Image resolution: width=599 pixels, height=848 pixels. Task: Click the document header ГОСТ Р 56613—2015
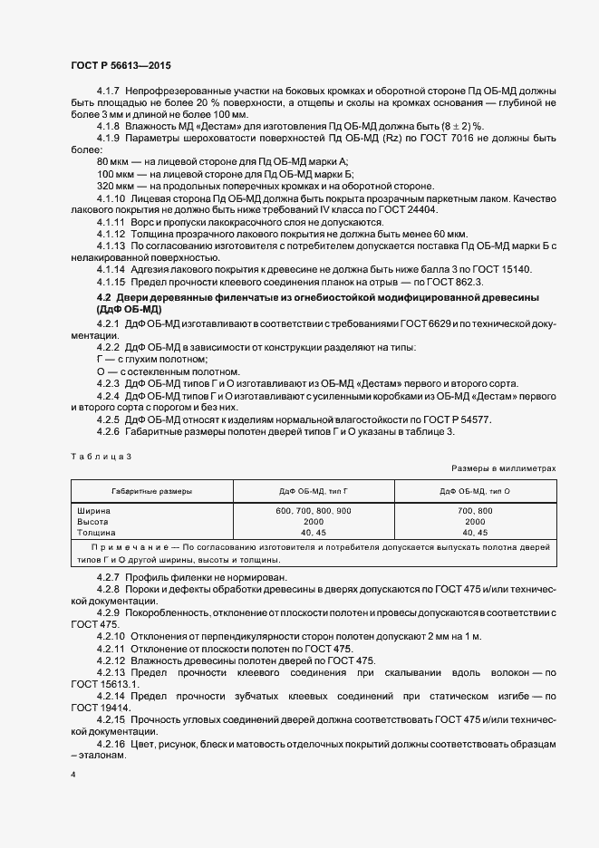click(120, 66)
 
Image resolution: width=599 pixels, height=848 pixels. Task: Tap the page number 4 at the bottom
click(73, 776)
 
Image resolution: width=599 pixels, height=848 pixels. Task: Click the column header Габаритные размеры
click(152, 490)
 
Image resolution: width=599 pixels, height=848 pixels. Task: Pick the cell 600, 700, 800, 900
click(314, 511)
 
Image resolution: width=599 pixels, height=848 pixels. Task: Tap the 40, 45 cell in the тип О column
click(475, 533)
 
